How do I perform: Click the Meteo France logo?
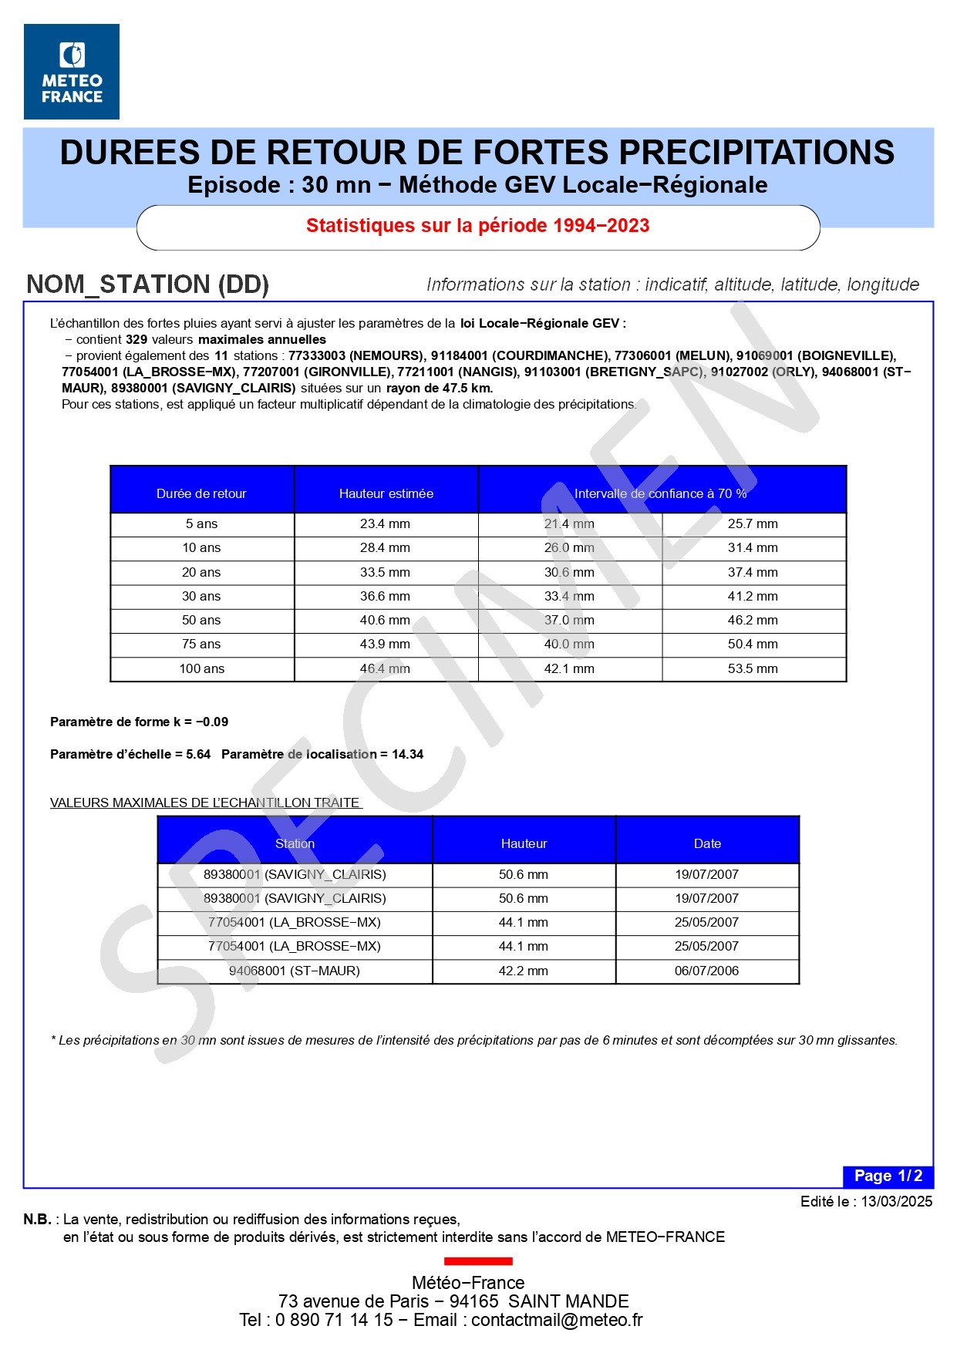click(72, 72)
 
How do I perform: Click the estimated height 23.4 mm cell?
click(385, 524)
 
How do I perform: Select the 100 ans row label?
click(202, 669)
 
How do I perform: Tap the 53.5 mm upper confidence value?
click(753, 669)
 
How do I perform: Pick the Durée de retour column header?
click(201, 493)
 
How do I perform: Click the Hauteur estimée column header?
click(386, 493)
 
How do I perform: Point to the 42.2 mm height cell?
click(523, 971)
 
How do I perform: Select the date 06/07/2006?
click(706, 971)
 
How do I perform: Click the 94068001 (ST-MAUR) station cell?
click(295, 971)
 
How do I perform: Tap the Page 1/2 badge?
click(888, 1176)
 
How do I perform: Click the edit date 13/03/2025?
click(897, 1201)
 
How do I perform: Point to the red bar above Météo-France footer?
click(478, 1261)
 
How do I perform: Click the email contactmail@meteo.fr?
click(557, 1320)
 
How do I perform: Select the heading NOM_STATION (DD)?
click(147, 284)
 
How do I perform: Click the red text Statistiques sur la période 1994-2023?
click(477, 226)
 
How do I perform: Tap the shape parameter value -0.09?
click(212, 722)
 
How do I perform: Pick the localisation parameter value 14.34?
click(407, 755)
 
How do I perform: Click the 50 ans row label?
click(201, 621)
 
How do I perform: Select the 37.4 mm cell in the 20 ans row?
click(753, 573)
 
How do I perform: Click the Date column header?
click(707, 843)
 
